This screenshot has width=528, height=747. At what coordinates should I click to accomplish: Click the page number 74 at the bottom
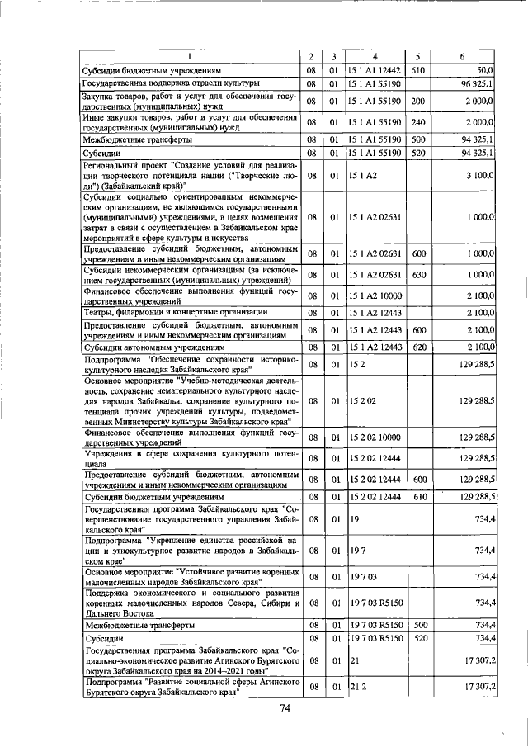click(x=285, y=708)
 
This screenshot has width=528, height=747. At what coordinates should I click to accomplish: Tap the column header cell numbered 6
click(x=464, y=56)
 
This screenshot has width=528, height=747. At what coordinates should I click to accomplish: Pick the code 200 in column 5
click(x=417, y=101)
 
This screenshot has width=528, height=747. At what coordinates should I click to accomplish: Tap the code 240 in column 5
click(x=417, y=123)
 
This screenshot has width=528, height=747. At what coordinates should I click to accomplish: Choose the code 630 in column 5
click(x=417, y=274)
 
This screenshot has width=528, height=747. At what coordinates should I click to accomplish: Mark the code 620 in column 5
click(x=417, y=347)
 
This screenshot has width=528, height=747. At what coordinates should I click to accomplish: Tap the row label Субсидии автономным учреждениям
click(x=148, y=347)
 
